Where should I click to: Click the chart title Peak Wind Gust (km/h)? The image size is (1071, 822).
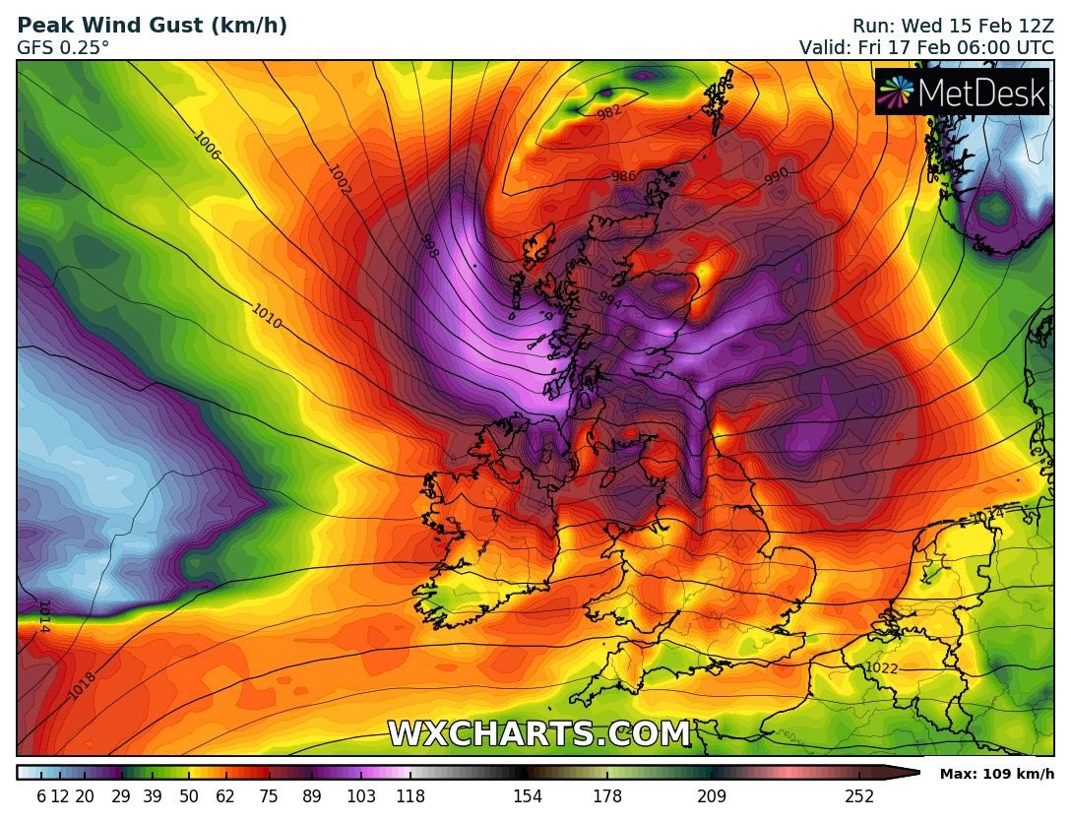point(153,26)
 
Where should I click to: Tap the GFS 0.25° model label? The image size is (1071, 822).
point(63,46)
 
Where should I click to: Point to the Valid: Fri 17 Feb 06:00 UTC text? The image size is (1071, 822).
point(926,46)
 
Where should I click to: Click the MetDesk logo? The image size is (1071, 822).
point(963,92)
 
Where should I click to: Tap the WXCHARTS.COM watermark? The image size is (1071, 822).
point(538,733)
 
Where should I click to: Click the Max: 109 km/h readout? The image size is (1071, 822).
point(996,774)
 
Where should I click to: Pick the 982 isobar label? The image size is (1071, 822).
point(610,113)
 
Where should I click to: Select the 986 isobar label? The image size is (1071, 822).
point(623,177)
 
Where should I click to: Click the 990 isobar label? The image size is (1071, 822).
point(777,176)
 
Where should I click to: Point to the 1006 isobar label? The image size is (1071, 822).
point(207,147)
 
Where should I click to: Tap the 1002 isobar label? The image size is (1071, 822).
point(339,180)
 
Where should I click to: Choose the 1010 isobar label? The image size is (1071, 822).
point(267,316)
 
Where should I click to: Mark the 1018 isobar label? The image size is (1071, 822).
point(83,685)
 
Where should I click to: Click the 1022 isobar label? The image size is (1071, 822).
point(881,668)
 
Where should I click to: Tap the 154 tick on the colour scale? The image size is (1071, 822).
point(529,796)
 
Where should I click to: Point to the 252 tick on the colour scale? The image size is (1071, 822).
point(859,796)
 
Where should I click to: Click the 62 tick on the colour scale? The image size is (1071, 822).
point(224,796)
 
